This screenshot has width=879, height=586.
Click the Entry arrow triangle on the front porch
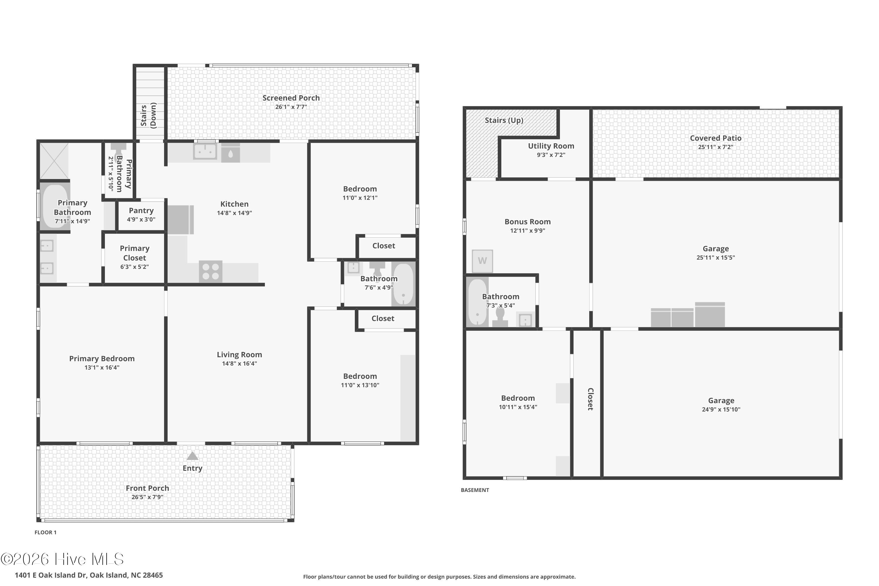192,456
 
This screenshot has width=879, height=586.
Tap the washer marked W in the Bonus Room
482,261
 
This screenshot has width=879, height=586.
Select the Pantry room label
141,211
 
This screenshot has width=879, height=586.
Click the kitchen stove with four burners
210,272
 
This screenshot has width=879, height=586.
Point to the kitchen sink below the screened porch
205,152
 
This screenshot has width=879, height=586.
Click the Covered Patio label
715,138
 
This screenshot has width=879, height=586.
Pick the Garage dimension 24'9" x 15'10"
721,409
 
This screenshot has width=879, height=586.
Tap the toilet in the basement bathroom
500,318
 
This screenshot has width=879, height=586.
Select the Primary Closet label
134,253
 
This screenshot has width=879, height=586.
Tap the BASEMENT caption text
475,490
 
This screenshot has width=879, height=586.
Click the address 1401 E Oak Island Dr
88,575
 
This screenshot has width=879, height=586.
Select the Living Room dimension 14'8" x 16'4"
239,364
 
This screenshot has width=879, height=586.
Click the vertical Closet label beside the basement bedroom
590,399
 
